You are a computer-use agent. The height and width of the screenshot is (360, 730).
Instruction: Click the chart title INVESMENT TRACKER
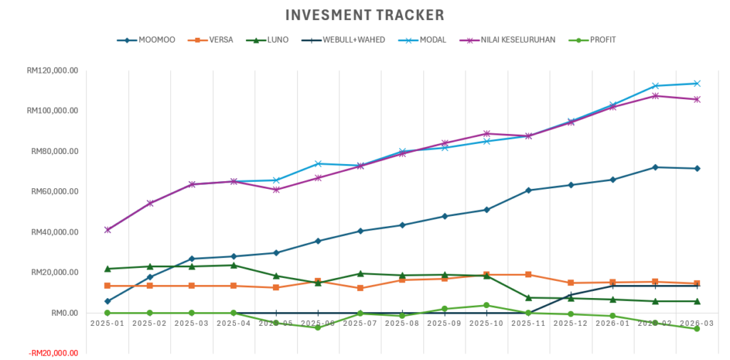point(364,15)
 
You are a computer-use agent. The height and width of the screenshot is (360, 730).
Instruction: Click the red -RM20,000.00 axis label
point(52,353)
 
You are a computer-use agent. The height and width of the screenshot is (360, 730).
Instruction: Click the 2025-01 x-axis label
point(108,323)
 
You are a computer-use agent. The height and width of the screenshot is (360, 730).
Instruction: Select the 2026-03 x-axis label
point(696,323)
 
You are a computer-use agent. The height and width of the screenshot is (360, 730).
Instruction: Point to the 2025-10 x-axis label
point(486,323)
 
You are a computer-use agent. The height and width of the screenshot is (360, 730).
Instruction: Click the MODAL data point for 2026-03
point(696,83)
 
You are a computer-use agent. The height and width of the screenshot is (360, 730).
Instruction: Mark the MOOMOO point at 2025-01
point(108,302)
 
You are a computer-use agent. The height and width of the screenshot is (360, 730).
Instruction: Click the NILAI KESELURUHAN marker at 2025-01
point(108,230)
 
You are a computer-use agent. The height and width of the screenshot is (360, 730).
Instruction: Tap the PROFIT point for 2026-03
point(696,329)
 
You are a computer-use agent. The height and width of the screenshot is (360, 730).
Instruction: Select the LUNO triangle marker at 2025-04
point(234,265)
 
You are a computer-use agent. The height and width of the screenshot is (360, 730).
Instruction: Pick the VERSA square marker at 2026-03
point(696,284)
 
